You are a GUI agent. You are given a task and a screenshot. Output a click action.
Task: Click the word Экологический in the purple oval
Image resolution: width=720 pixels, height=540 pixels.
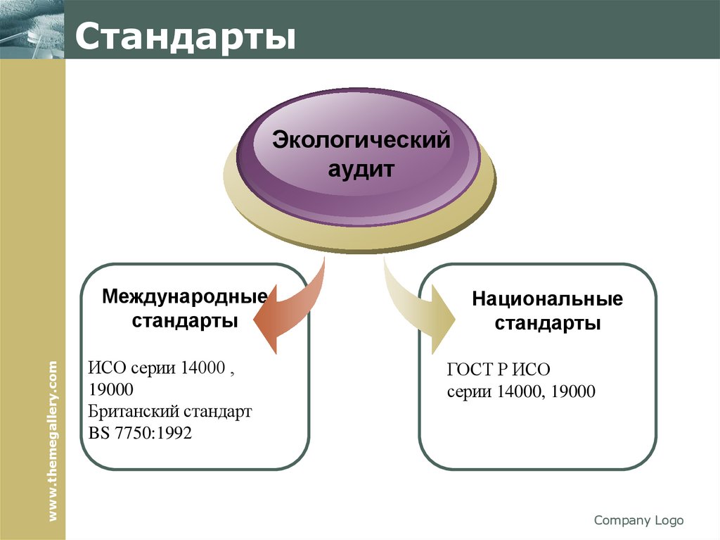361,139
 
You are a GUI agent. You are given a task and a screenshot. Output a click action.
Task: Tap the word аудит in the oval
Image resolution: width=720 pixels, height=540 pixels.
361,169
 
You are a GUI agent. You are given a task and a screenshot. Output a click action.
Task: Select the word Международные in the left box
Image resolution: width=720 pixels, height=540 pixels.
185,295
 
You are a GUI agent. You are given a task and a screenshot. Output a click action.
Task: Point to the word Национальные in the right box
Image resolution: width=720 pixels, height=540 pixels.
547,299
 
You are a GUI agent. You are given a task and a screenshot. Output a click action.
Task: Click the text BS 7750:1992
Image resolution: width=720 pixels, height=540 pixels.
141,433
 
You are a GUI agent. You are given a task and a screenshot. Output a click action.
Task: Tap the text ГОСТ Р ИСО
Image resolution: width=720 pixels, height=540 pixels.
499,369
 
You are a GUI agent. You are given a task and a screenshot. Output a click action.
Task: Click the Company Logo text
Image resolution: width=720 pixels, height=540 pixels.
638,520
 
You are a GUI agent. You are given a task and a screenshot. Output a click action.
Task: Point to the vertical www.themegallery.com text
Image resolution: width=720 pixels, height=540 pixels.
54,441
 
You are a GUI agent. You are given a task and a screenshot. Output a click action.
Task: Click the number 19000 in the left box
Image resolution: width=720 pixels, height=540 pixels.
111,389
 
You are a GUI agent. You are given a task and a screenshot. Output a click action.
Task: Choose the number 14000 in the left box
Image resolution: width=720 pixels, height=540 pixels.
202,368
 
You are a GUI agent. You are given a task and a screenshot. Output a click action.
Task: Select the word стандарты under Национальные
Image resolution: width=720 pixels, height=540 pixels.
547,324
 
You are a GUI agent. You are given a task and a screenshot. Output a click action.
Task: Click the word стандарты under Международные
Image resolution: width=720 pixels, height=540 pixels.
185,320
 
